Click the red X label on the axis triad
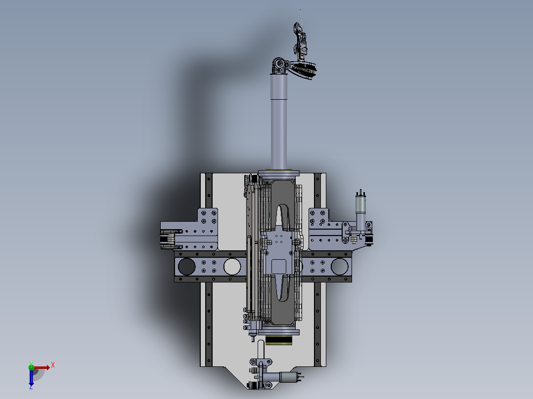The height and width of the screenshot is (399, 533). [x=53, y=365]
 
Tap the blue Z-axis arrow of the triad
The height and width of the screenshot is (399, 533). [x=31, y=378]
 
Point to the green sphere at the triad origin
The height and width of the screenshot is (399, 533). [x=31, y=367]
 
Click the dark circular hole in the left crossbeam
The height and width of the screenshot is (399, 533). [x=186, y=266]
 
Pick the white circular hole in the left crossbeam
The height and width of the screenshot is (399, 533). [x=232, y=266]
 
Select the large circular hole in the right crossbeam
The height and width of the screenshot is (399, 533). [x=340, y=266]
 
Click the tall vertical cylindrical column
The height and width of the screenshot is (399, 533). [x=279, y=122]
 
